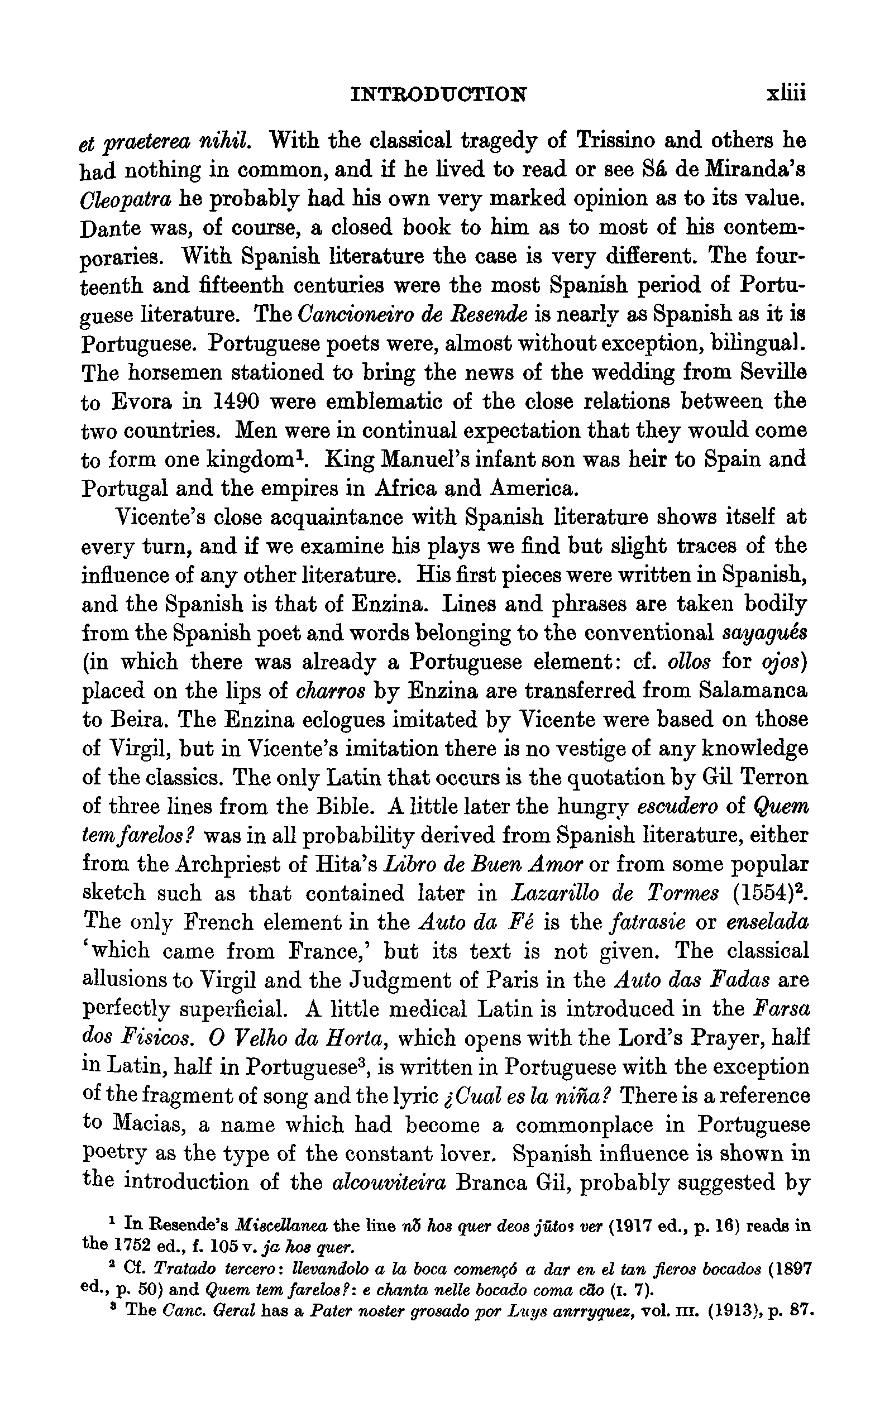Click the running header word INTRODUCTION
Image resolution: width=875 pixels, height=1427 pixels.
438,94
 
